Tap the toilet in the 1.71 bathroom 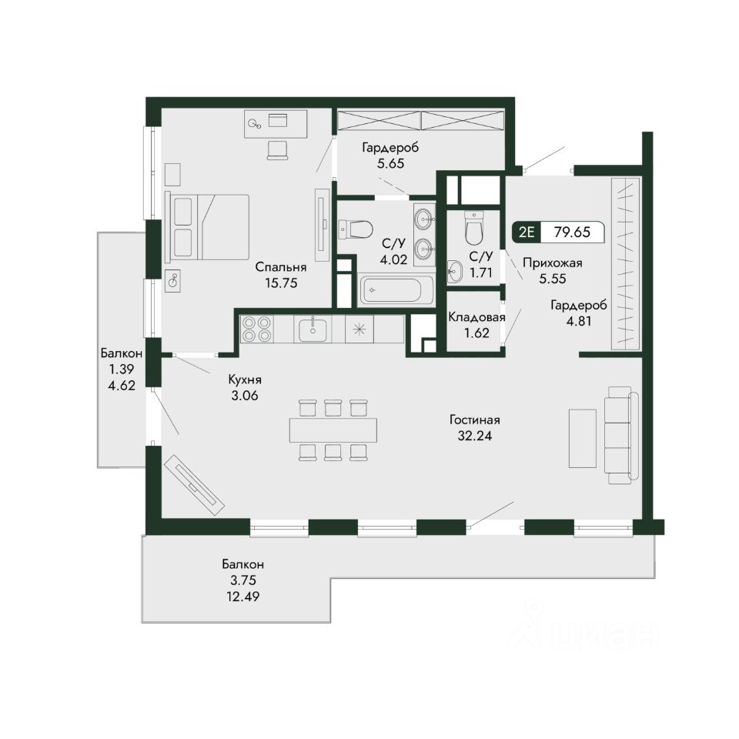pyautogui.click(x=473, y=227)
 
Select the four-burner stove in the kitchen pyautogui.click(x=256, y=329)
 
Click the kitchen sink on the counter pyautogui.click(x=313, y=329)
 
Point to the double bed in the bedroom pyautogui.click(x=208, y=226)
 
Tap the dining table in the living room pyautogui.click(x=333, y=430)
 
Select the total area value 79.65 pyautogui.click(x=572, y=232)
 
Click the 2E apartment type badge pyautogui.click(x=527, y=232)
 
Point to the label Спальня pyautogui.click(x=281, y=267)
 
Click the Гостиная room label pyautogui.click(x=475, y=420)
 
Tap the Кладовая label pyautogui.click(x=477, y=317)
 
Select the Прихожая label pyautogui.click(x=553, y=262)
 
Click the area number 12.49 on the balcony pyautogui.click(x=242, y=596)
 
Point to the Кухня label pyautogui.click(x=245, y=380)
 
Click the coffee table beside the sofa pyautogui.click(x=583, y=438)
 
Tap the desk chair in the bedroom pyautogui.click(x=277, y=151)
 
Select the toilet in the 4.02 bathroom pyautogui.click(x=356, y=229)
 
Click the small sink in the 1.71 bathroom pyautogui.click(x=455, y=272)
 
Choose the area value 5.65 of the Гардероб pyautogui.click(x=391, y=163)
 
